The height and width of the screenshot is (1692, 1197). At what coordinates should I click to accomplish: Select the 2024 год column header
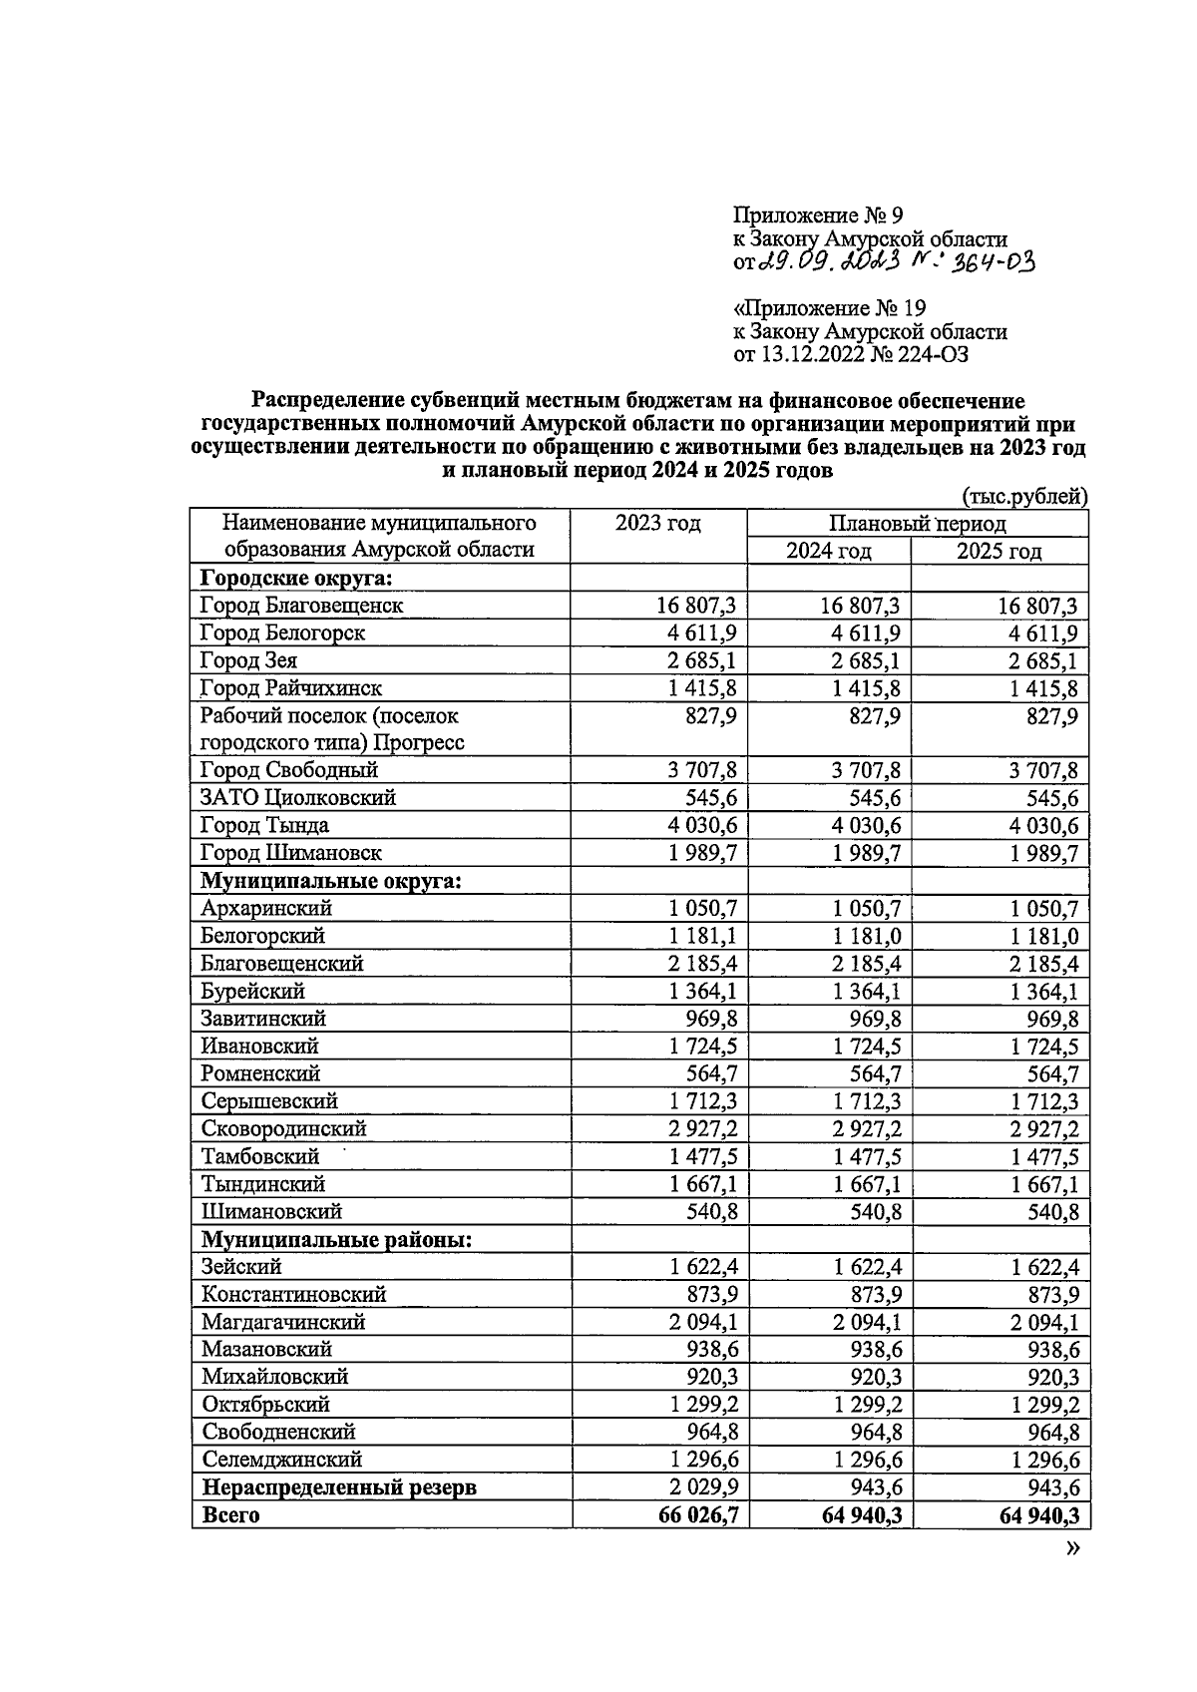828,552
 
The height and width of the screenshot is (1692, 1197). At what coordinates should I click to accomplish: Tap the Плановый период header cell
917,524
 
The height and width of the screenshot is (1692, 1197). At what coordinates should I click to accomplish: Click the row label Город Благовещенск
301,606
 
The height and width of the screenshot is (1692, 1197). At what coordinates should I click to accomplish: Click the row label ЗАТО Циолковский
298,798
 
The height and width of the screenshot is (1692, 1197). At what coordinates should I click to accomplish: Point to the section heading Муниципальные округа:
330,881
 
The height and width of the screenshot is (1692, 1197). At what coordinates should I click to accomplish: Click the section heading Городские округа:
294,579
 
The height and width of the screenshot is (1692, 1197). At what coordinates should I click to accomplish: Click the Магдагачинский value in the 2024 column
867,1322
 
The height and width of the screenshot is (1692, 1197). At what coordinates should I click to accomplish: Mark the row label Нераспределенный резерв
338,1487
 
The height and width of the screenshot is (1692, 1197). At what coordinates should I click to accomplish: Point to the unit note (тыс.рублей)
1024,496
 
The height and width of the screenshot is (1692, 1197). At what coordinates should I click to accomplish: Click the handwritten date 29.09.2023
829,262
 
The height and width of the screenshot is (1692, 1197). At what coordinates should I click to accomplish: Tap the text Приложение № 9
817,214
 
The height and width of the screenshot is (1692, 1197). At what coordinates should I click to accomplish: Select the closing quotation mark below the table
1072,1547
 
